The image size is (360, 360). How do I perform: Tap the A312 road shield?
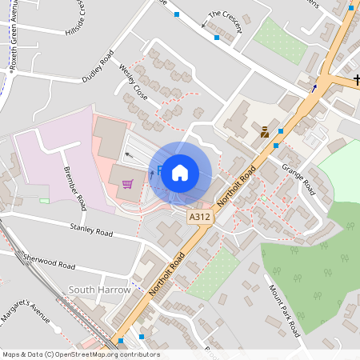pyautogui.click(x=199, y=217)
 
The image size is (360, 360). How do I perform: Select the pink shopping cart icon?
pyautogui.click(x=127, y=185)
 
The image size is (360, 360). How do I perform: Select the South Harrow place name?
pyautogui.click(x=99, y=290)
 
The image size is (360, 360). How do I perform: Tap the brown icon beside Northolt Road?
pyautogui.click(x=265, y=132)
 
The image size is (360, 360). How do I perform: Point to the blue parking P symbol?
pyautogui.click(x=160, y=170)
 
